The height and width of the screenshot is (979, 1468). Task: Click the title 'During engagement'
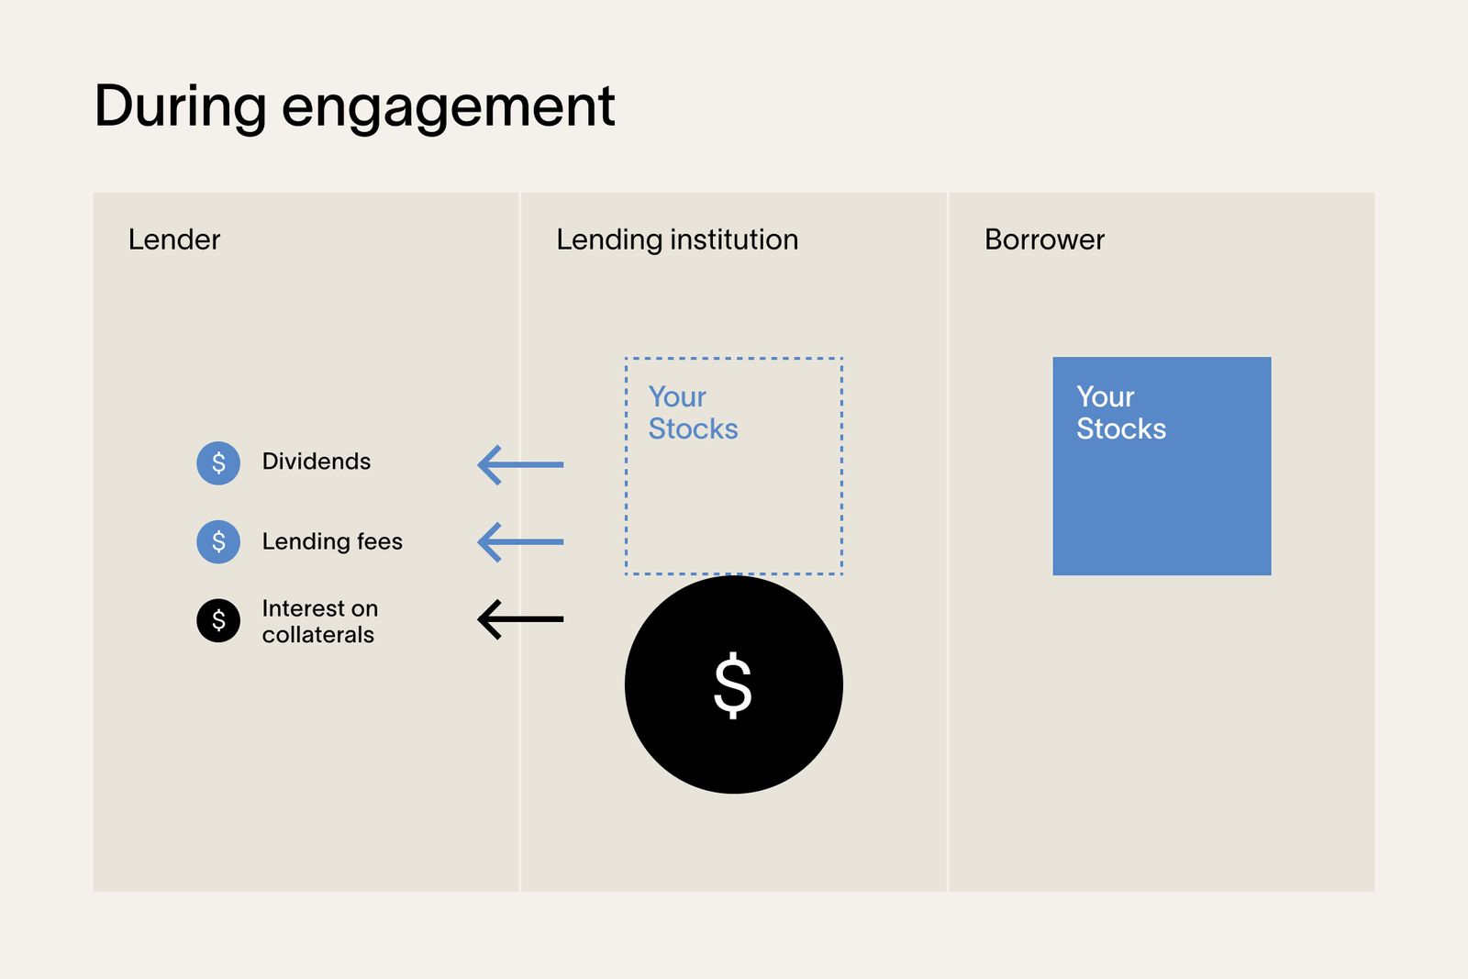tap(354, 106)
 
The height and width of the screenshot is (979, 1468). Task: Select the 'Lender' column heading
tap(174, 239)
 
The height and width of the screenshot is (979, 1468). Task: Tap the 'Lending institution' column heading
tap(677, 239)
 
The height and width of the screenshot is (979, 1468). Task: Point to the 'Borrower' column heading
tap(1044, 239)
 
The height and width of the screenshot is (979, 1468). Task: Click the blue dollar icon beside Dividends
tap(218, 462)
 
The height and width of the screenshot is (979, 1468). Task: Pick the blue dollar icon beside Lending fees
tap(218, 541)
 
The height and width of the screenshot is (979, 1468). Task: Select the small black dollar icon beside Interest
tap(218, 620)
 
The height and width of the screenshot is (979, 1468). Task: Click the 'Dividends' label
tap(317, 462)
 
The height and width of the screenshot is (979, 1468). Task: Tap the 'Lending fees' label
tap(332, 541)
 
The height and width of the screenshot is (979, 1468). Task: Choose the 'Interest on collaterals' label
tap(319, 621)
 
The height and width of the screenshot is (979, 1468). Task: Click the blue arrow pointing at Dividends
tap(520, 464)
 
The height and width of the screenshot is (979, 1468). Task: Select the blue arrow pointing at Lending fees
tap(520, 542)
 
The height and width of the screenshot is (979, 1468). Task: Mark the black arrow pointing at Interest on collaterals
tap(520, 619)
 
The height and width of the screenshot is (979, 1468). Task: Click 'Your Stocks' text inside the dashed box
tap(693, 413)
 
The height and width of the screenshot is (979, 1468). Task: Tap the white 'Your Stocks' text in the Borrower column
tap(1120, 413)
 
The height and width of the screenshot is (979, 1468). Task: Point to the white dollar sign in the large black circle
tap(733, 684)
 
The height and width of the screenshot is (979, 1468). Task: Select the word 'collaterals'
tap(318, 635)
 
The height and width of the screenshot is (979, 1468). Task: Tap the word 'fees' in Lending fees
tap(380, 541)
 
